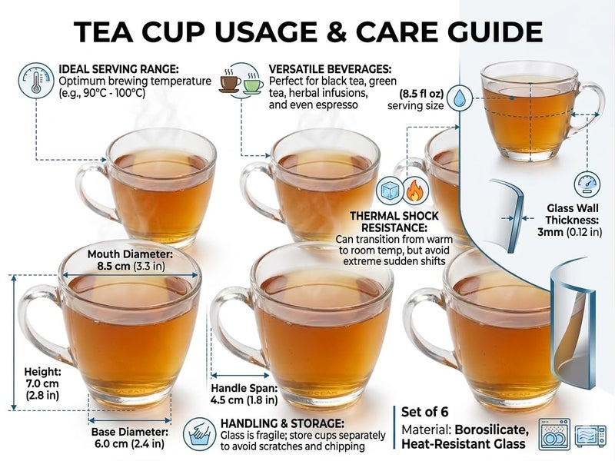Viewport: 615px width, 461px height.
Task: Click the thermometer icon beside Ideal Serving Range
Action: (x=36, y=81)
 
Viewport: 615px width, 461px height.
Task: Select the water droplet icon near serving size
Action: (x=459, y=98)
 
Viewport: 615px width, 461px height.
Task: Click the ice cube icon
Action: (x=390, y=191)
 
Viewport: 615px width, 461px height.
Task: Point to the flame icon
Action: (x=414, y=191)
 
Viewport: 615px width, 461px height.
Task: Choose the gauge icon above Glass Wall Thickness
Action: (x=587, y=184)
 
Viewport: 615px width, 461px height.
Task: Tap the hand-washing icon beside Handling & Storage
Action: (x=199, y=434)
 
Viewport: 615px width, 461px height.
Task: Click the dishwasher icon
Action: (x=554, y=434)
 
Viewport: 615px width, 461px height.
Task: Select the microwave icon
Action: (x=590, y=436)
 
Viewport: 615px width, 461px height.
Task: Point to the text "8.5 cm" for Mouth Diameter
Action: (x=113, y=266)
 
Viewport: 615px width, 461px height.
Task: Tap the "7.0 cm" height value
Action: (x=42, y=383)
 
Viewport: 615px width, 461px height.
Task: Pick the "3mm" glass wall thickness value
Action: (x=550, y=232)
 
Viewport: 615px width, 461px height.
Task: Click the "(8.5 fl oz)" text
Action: (x=421, y=94)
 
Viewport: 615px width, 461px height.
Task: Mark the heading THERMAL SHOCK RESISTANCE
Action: (x=394, y=222)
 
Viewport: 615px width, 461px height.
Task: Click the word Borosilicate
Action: (x=492, y=429)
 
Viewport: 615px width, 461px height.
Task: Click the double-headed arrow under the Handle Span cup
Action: (x=240, y=376)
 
